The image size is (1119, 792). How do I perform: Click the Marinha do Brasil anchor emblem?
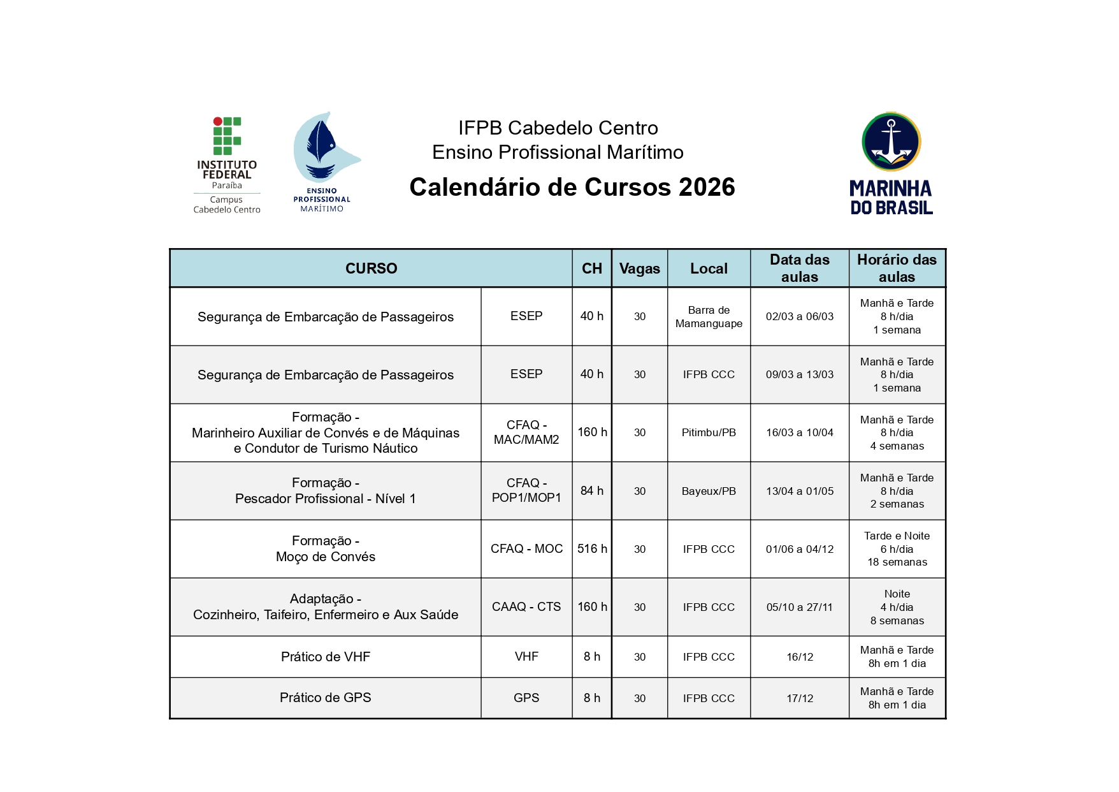pyautogui.click(x=891, y=142)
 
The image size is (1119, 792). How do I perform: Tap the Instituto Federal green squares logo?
pyautogui.click(x=227, y=136)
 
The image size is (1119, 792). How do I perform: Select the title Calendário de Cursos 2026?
pyautogui.click(x=572, y=187)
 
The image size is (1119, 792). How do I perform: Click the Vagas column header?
pyautogui.click(x=639, y=268)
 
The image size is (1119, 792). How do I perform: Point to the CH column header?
pyautogui.click(x=591, y=268)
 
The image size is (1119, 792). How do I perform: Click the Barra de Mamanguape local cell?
pyautogui.click(x=709, y=317)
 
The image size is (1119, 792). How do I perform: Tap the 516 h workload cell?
pyautogui.click(x=592, y=549)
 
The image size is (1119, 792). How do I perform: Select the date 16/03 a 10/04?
pyautogui.click(x=799, y=433)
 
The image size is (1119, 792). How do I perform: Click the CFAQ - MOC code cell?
pyautogui.click(x=526, y=549)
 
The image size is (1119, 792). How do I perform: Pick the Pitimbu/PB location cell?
pyautogui.click(x=709, y=433)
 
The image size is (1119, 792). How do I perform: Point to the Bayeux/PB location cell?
pyautogui.click(x=709, y=491)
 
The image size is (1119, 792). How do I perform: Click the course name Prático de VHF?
pyautogui.click(x=325, y=657)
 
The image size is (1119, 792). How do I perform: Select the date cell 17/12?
pyautogui.click(x=799, y=698)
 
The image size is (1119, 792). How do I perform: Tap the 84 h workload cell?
pyautogui.click(x=591, y=491)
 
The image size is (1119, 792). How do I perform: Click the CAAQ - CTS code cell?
pyautogui.click(x=526, y=607)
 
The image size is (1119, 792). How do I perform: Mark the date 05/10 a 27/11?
pyautogui.click(x=799, y=607)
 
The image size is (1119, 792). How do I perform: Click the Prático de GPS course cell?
pyautogui.click(x=325, y=698)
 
